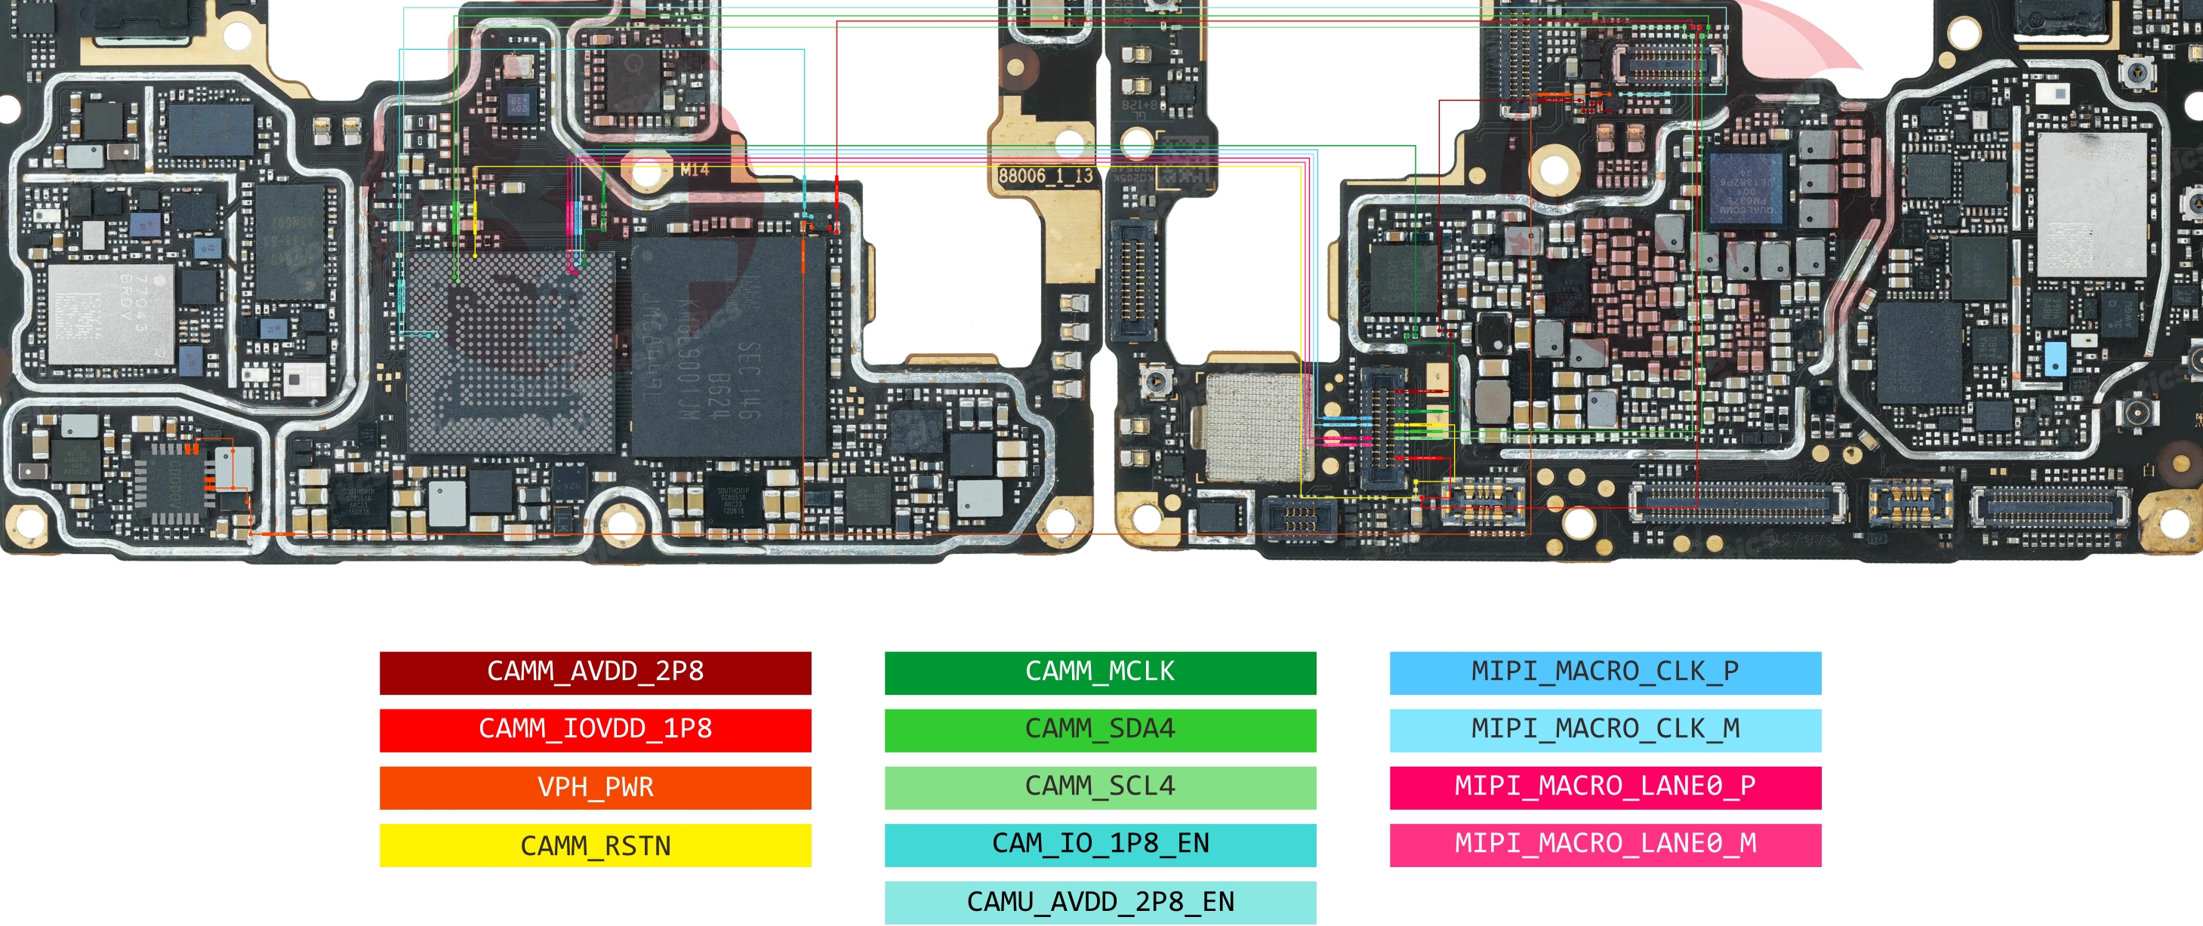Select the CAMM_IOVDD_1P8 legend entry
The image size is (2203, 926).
tap(595, 729)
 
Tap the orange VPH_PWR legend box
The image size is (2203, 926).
tap(595, 786)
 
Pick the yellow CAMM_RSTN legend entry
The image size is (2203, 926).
tap(595, 844)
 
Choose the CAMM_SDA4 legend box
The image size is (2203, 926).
tap(1100, 729)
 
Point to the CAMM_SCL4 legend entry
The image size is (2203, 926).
tap(1100, 786)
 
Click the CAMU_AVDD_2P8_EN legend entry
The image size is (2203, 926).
tap(1100, 902)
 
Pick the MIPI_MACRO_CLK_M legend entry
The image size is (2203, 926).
tap(1604, 729)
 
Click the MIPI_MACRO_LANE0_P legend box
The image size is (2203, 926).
tap(1604, 786)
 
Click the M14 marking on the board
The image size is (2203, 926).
tap(695, 169)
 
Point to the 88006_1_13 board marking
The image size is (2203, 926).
tap(1046, 176)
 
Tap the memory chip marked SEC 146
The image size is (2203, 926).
tap(728, 346)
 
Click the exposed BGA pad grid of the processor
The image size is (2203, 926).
tap(510, 351)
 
